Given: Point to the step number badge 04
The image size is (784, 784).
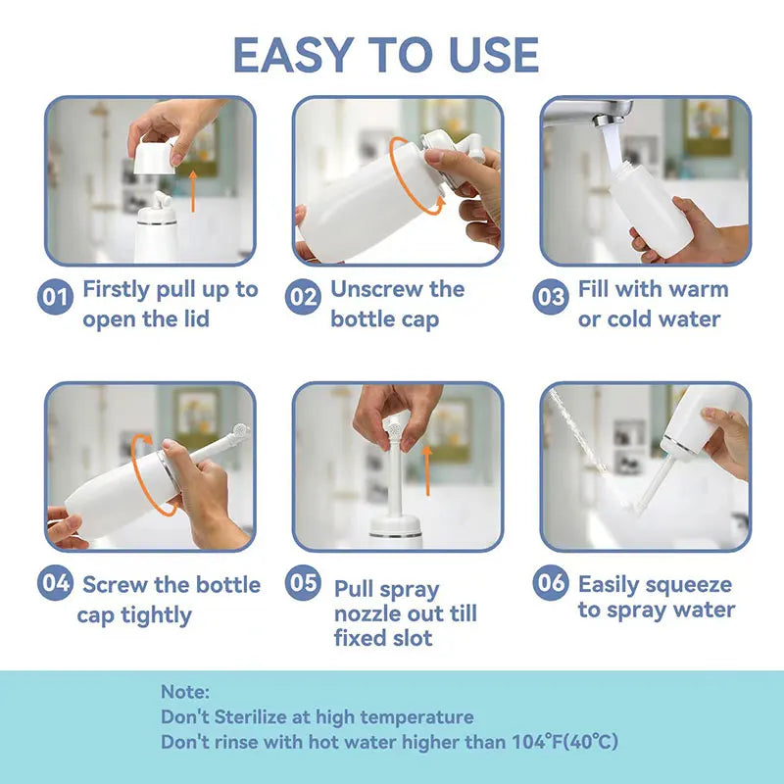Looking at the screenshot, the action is pyautogui.click(x=55, y=584).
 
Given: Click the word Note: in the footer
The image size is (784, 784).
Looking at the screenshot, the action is pyautogui.click(x=185, y=693).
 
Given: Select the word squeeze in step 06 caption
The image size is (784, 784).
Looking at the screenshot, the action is pyautogui.click(x=689, y=585).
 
